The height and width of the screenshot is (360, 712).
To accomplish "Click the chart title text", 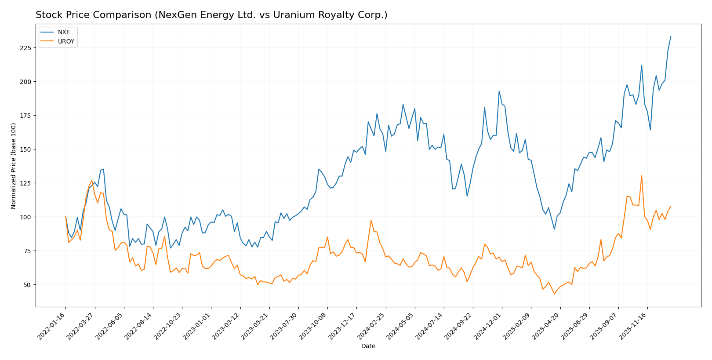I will [x=211, y=15].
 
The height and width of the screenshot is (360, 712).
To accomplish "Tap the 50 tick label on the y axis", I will [x=27, y=285].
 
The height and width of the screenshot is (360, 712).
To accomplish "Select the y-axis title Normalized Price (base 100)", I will [x=14, y=166].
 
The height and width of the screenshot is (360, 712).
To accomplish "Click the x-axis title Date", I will [x=368, y=346].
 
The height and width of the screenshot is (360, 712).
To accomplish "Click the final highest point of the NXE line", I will [x=671, y=36].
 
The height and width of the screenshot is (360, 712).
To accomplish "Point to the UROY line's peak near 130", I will [x=642, y=176].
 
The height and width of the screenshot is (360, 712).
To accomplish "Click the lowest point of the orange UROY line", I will [x=554, y=294].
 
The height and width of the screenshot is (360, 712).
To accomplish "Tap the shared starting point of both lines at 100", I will [x=66, y=217].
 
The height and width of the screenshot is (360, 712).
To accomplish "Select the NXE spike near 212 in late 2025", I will [x=642, y=65].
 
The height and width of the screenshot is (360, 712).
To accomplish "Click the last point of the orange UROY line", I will [x=671, y=206].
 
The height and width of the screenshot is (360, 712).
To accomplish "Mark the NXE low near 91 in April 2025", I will [x=554, y=229].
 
